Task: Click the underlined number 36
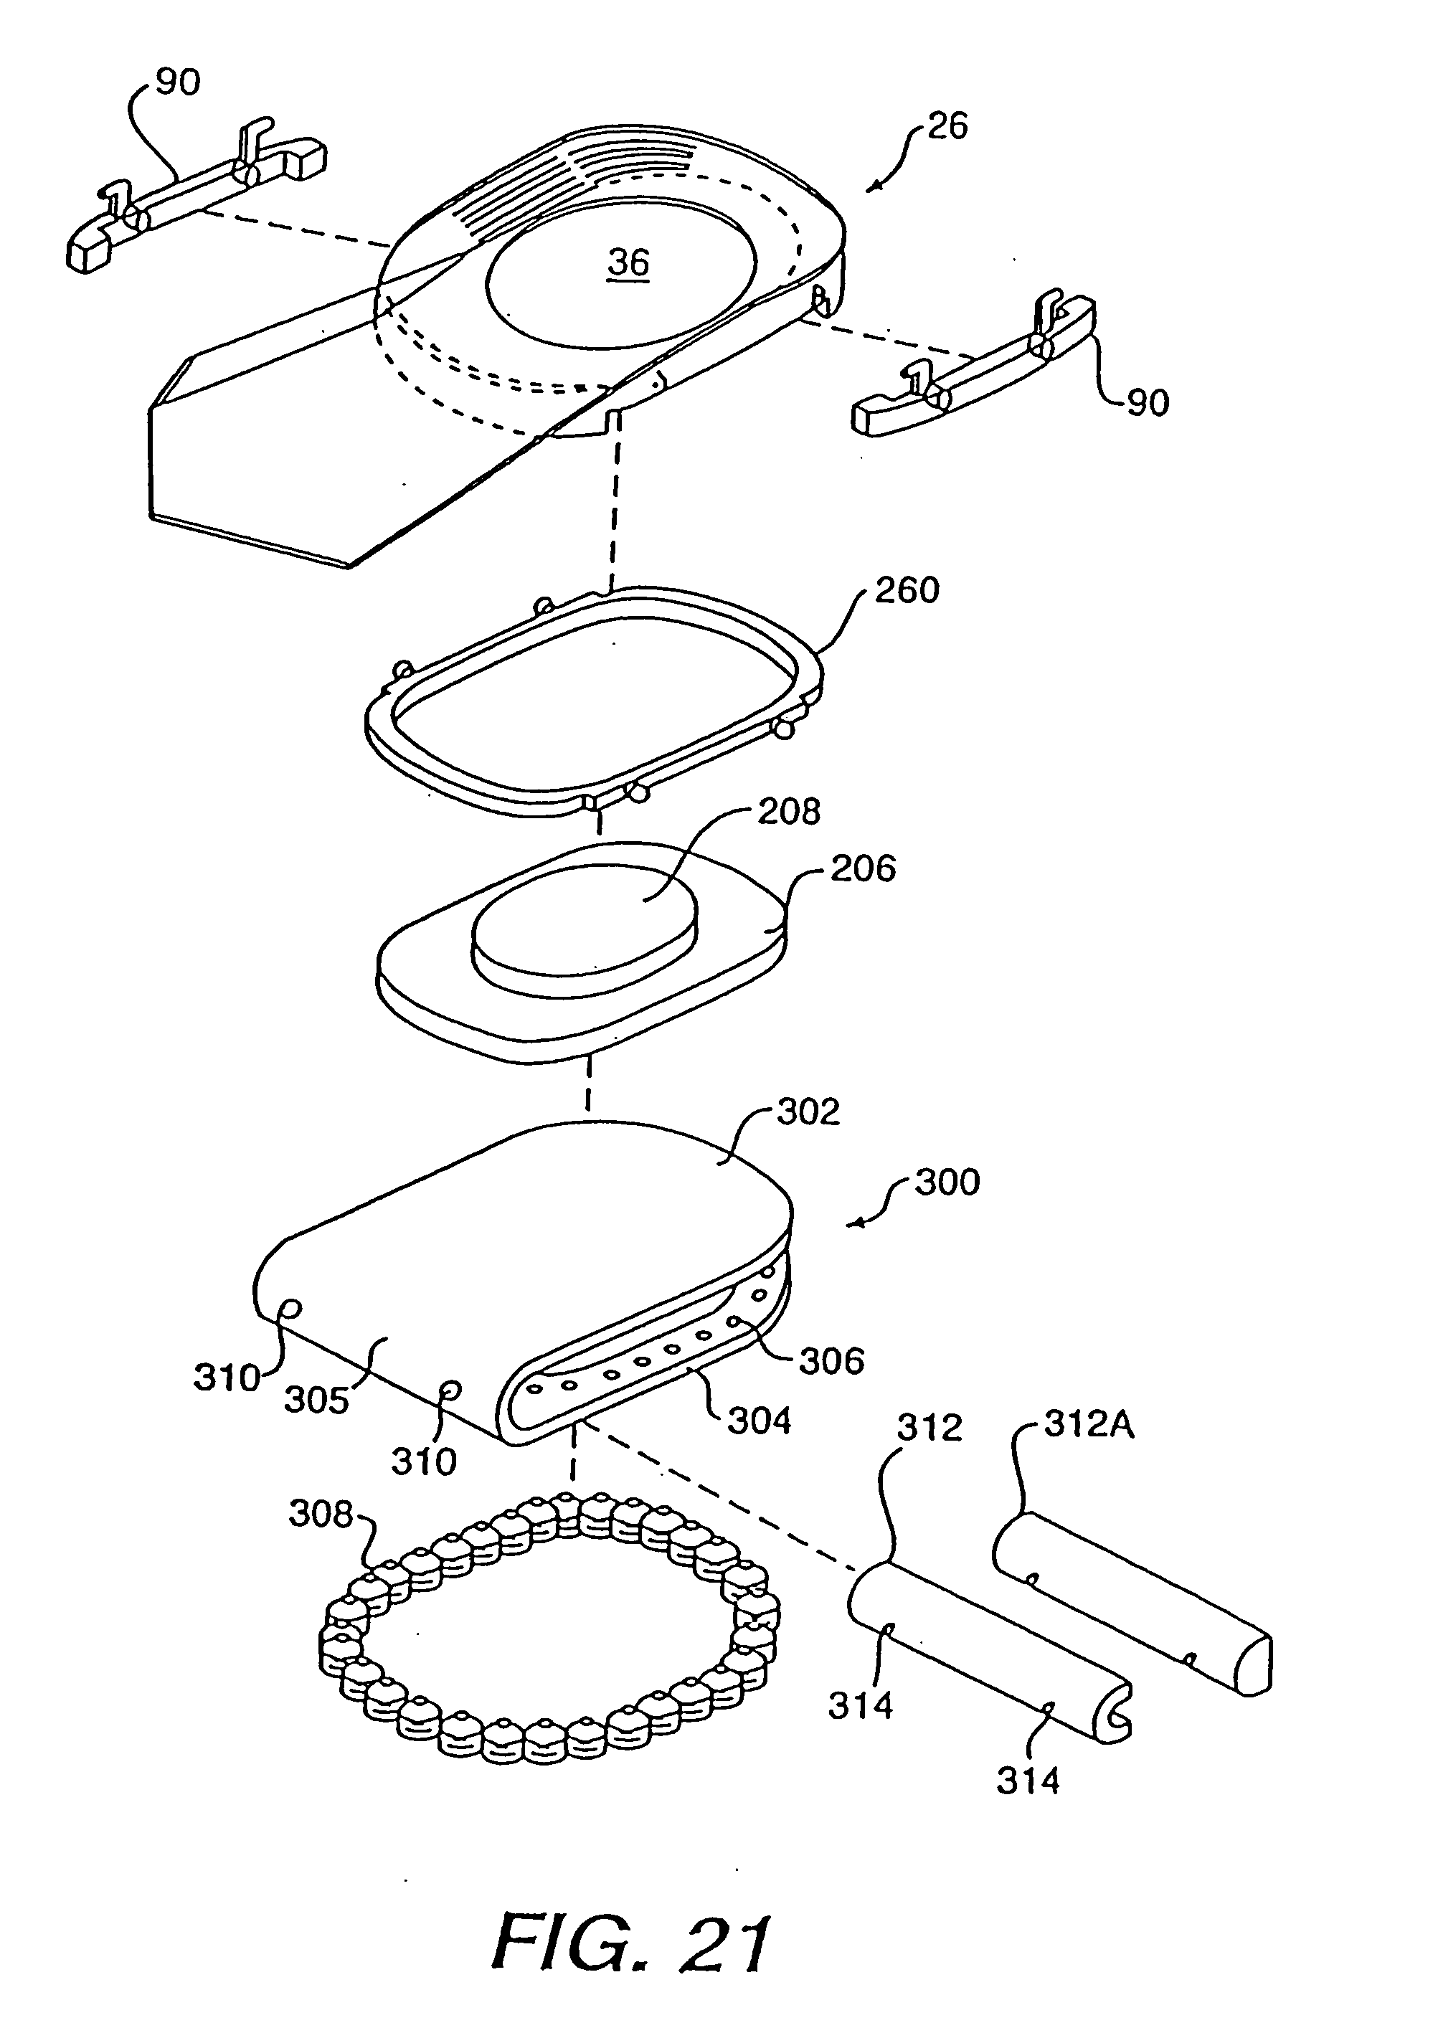(629, 264)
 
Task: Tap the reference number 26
(947, 127)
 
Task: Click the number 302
(808, 1112)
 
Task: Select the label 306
(831, 1361)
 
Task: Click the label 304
(759, 1421)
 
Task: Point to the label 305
(316, 1400)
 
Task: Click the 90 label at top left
(178, 82)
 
